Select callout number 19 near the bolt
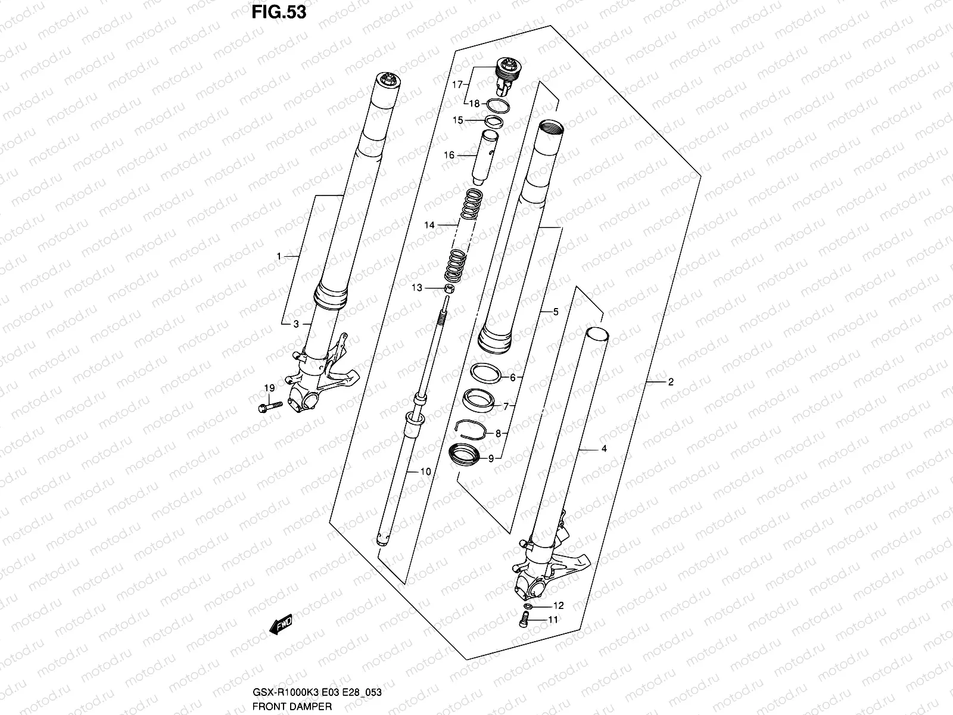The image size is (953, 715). coord(269,388)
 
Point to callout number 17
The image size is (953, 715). coord(457,85)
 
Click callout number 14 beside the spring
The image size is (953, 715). coord(429,225)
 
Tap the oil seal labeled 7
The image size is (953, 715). coord(478,400)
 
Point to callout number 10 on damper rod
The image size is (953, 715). coord(425,472)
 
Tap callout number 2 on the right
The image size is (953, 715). coord(671,382)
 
